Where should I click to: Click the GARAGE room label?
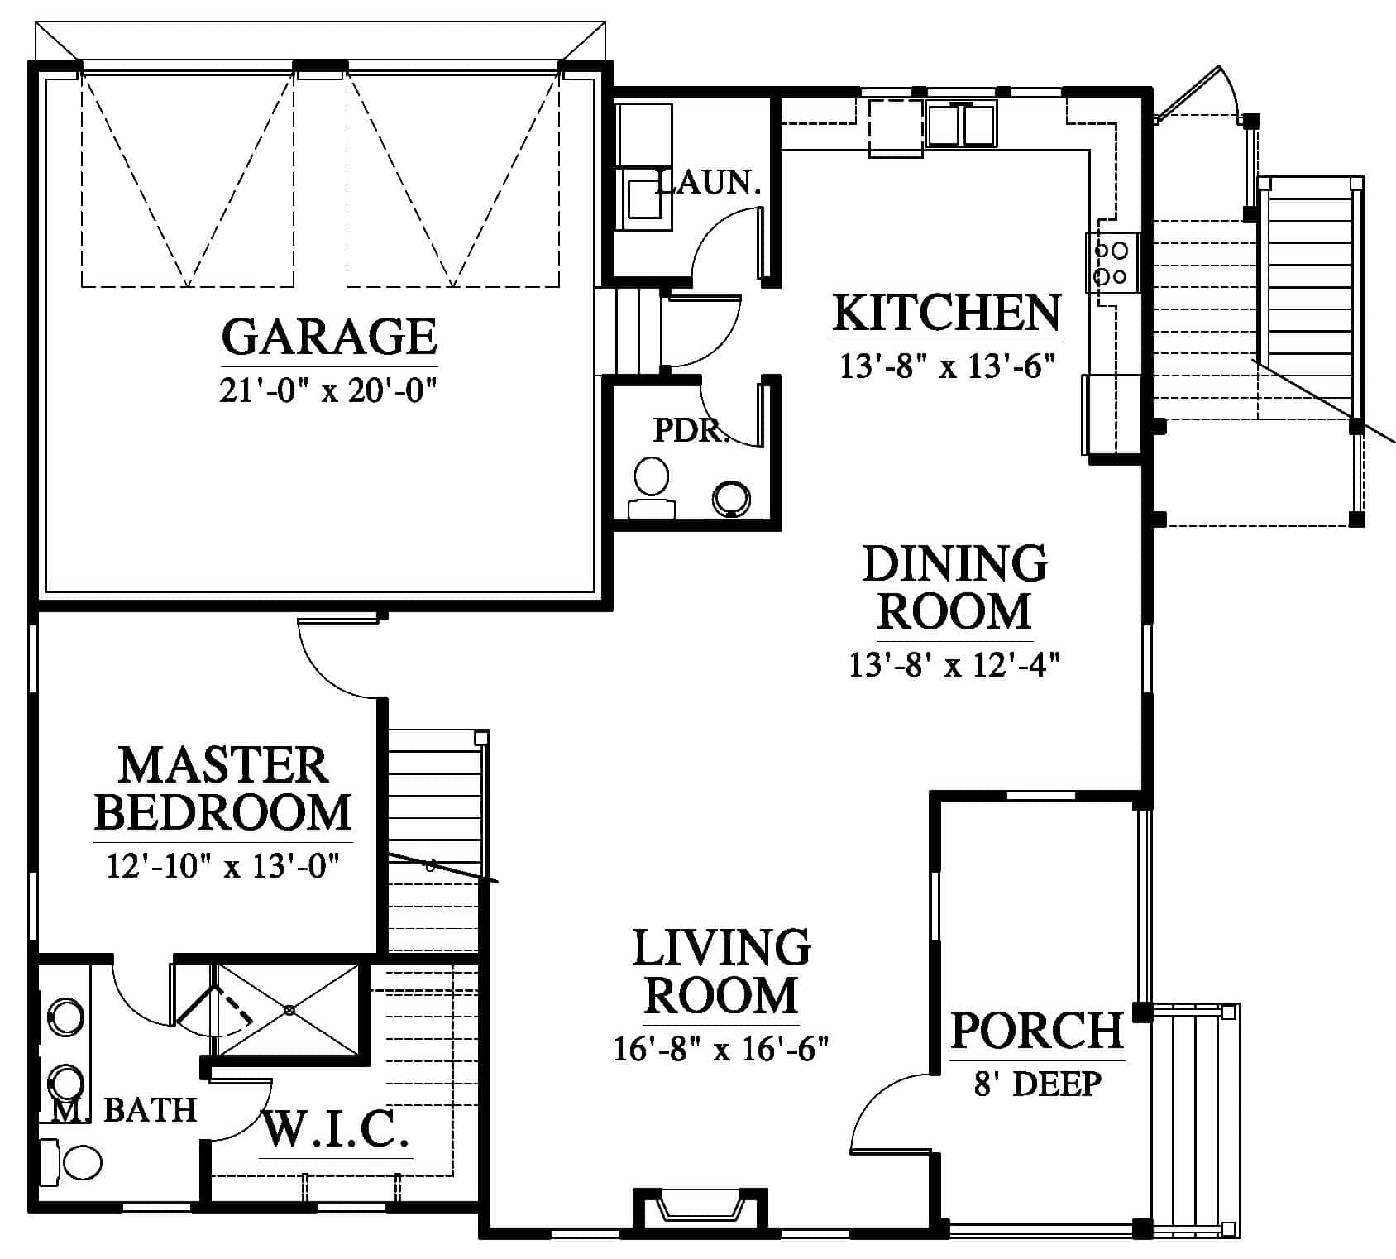point(329,336)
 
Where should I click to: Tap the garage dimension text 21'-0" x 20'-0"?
point(327,390)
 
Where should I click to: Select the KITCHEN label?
point(947,313)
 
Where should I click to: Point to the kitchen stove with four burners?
point(1112,263)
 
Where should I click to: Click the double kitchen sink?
point(961,124)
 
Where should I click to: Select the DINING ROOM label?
point(955,587)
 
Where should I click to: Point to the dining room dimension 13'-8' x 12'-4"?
point(954,664)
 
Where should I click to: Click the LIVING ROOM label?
point(721,971)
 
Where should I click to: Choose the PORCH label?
point(1037,1030)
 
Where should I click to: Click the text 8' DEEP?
point(1037,1083)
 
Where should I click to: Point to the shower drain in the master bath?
point(289,1010)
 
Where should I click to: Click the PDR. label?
point(691,429)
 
